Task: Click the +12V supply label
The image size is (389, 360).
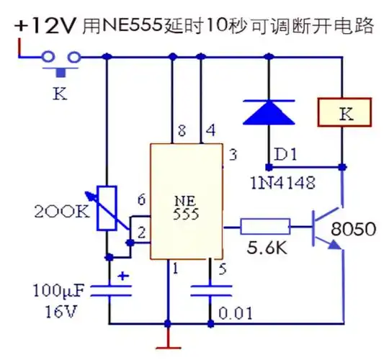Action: pos(43,27)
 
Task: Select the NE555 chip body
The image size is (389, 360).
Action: pos(186,202)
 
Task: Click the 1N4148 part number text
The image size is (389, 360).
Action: pos(282,183)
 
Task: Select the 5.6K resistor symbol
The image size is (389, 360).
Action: pos(265,228)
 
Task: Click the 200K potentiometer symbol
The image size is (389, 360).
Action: pos(107,209)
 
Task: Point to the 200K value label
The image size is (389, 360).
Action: pos(63,212)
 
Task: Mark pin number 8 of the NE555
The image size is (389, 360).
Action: pos(181,131)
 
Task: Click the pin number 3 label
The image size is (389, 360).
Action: pos(232,154)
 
